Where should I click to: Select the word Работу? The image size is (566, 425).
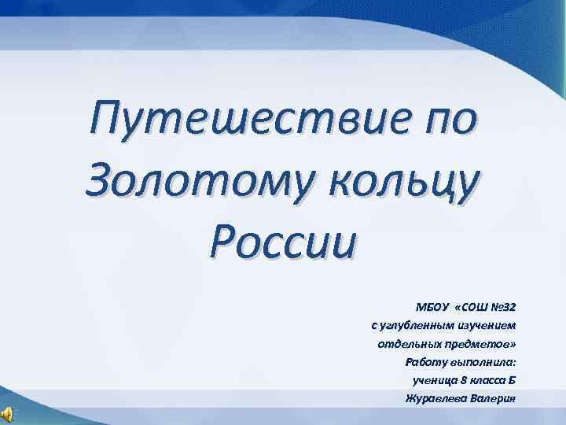(424, 362)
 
